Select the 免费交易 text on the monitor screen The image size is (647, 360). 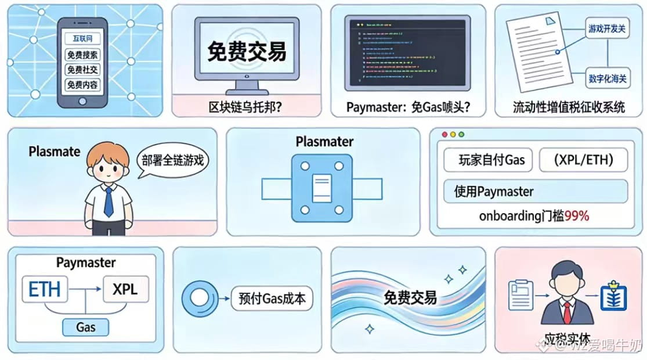pos(247,51)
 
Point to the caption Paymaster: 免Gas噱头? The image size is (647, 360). pos(408,107)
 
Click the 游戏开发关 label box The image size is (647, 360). pos(607,28)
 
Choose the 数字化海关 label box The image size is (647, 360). pos(607,78)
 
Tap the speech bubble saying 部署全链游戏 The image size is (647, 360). pos(173,161)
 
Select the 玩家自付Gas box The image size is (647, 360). pos(487,160)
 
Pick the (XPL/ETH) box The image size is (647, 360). pos(583,160)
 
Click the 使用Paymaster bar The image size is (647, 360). pos(535,191)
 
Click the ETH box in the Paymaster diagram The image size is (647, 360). pos(45,289)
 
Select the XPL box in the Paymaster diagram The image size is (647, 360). pos(125,289)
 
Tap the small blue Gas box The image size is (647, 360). pos(86,327)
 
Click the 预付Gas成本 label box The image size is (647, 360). pos(272,298)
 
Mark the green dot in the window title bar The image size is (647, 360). pos(462,134)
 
